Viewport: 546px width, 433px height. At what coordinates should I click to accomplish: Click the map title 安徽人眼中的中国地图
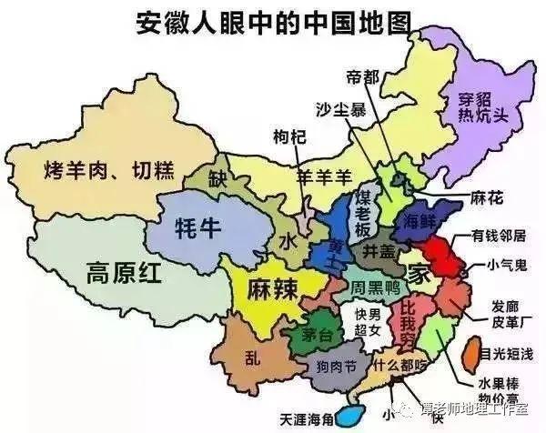[x=273, y=20]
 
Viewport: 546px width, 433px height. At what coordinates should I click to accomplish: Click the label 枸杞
[x=290, y=136]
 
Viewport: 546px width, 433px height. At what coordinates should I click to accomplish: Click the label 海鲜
[x=416, y=219]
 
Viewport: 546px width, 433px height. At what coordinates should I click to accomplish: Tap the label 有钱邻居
[x=499, y=236]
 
